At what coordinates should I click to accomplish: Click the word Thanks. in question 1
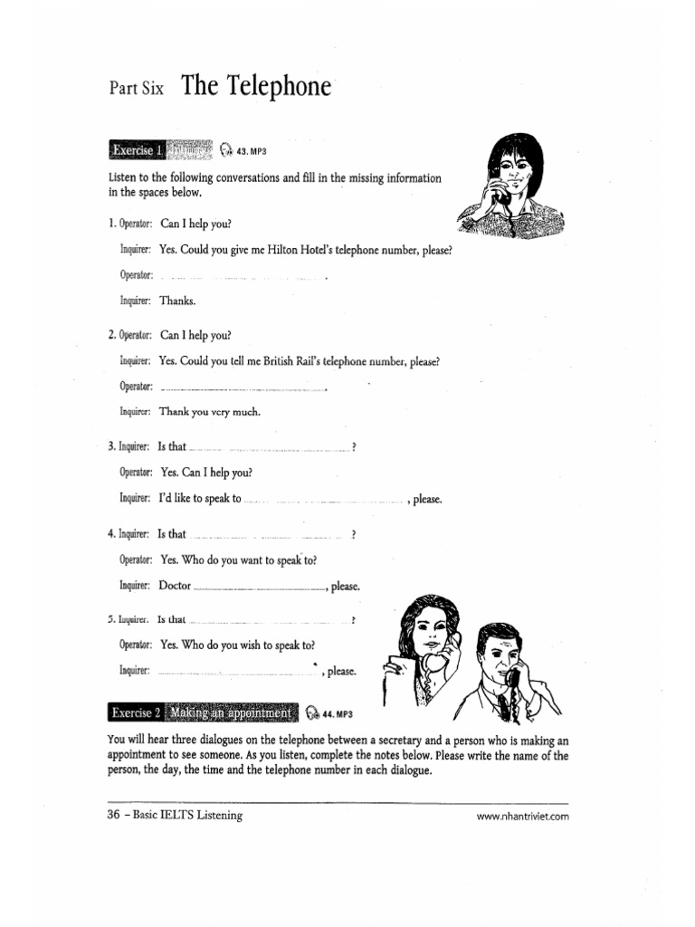177,300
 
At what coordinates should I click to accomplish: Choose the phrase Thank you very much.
210,411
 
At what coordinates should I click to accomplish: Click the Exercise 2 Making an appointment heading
204,713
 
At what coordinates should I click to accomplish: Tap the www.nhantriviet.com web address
522,816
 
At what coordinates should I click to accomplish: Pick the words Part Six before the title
137,89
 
